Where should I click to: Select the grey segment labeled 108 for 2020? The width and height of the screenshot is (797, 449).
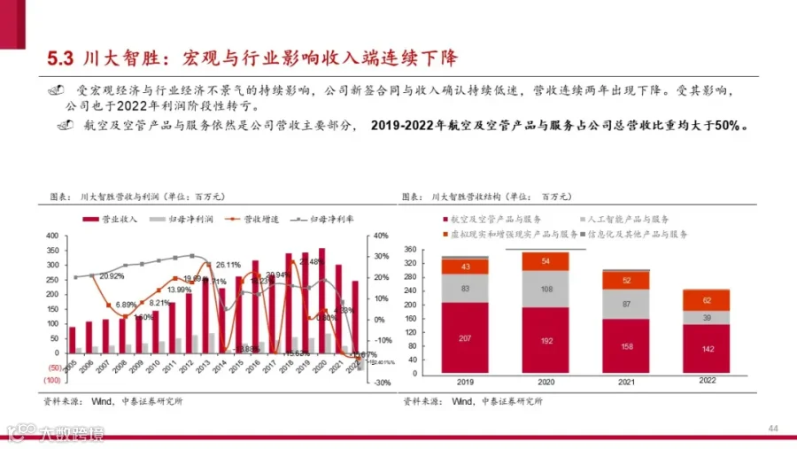[546, 289]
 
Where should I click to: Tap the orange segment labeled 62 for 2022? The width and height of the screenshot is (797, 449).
[706, 300]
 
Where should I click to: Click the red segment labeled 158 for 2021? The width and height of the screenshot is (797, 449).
[626, 347]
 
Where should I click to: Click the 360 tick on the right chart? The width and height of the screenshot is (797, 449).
[410, 250]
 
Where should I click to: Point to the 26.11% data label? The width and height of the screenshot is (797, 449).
[228, 264]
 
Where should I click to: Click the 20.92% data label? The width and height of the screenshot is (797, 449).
[112, 275]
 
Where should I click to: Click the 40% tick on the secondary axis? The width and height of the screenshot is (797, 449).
[381, 236]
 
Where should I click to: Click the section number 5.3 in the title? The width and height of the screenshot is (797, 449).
[59, 59]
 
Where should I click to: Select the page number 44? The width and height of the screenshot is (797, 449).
[772, 430]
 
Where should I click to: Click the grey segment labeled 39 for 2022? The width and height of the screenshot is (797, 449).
[706, 318]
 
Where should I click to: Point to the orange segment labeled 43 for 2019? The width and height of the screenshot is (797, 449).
[465, 267]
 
